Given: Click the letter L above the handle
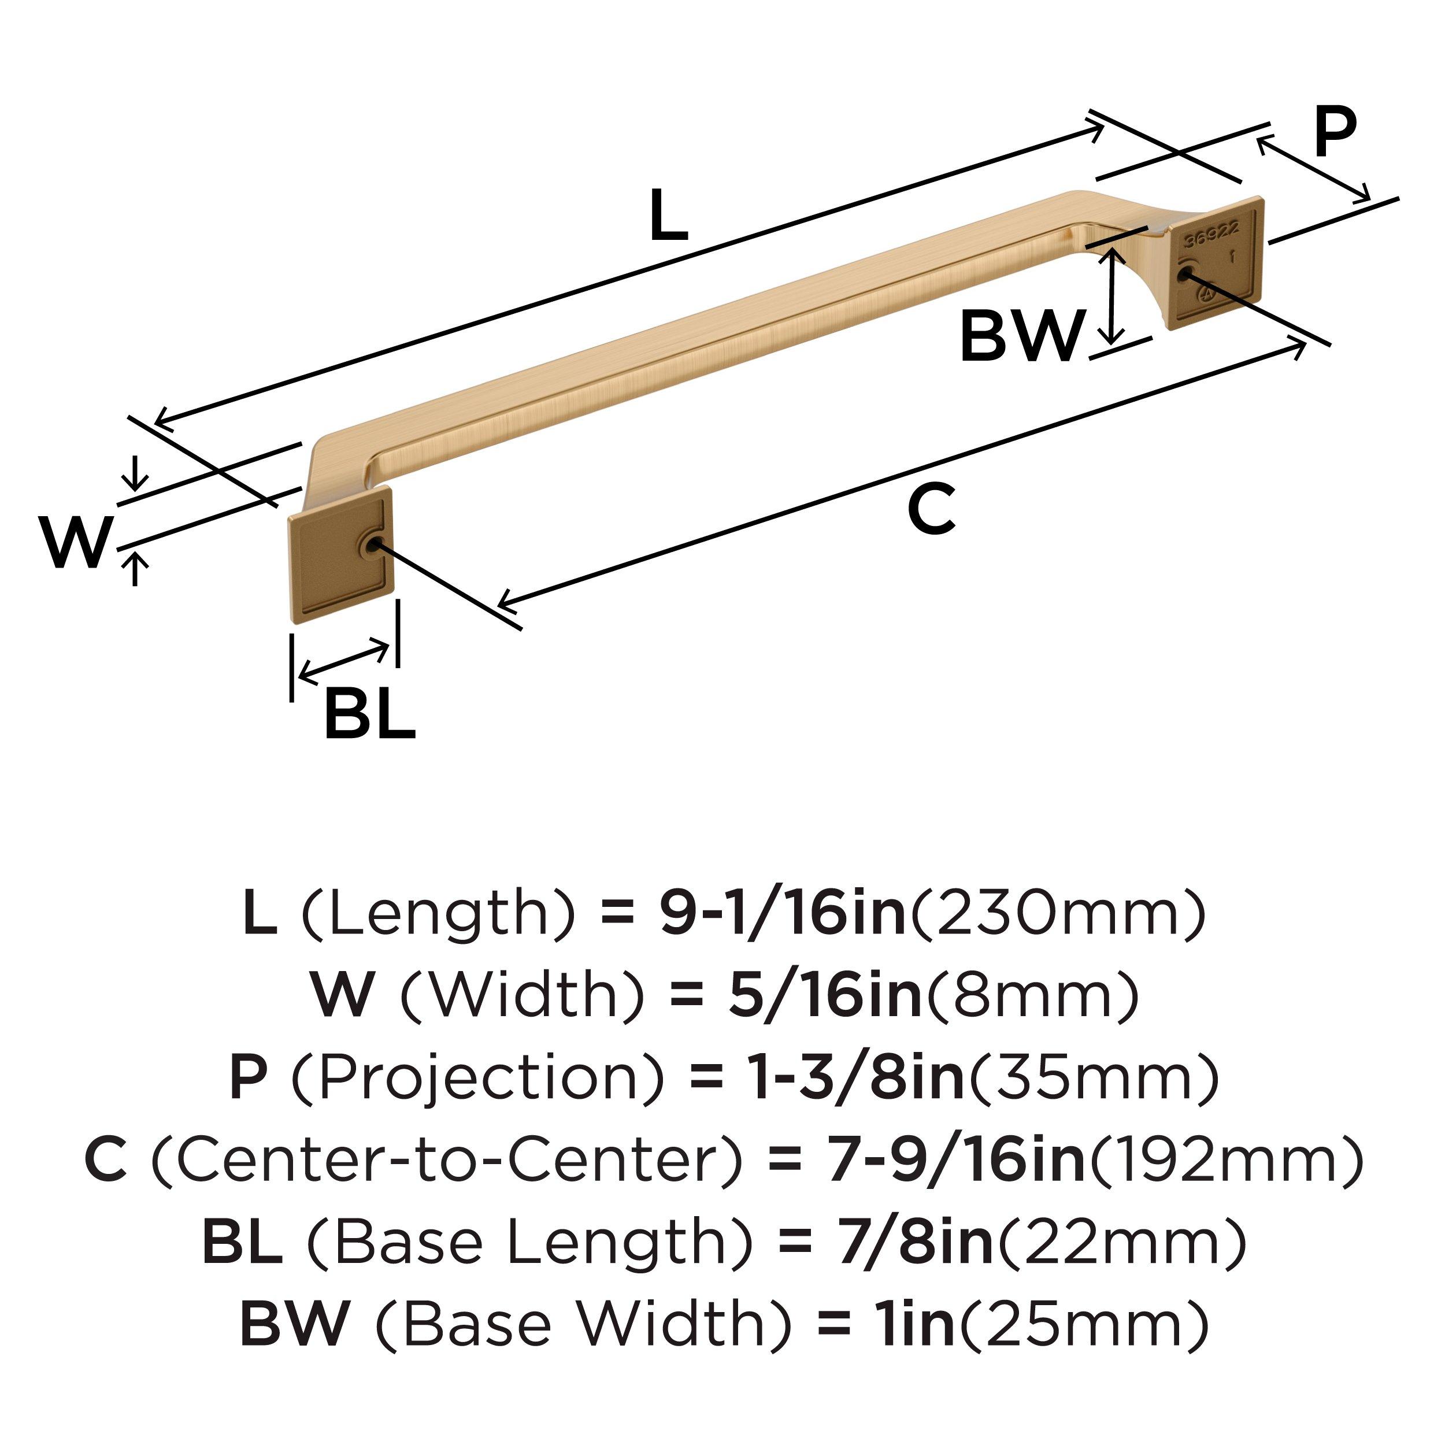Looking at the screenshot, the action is [669, 216].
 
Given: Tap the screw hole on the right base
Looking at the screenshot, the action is [1184, 275].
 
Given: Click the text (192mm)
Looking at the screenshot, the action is [1227, 1162].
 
